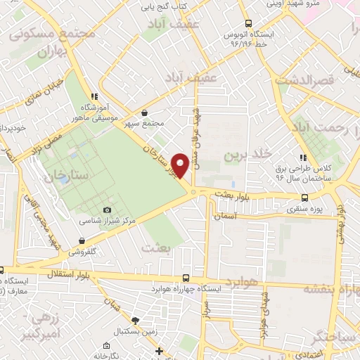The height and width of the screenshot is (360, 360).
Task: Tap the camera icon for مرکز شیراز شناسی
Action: click(x=107, y=210)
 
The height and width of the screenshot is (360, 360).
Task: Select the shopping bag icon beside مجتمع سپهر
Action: click(x=145, y=112)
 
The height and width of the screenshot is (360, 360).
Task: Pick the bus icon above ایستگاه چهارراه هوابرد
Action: click(x=186, y=278)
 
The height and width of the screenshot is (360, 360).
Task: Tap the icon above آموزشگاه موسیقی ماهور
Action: click(x=94, y=97)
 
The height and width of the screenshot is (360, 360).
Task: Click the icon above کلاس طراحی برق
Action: click(x=303, y=157)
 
